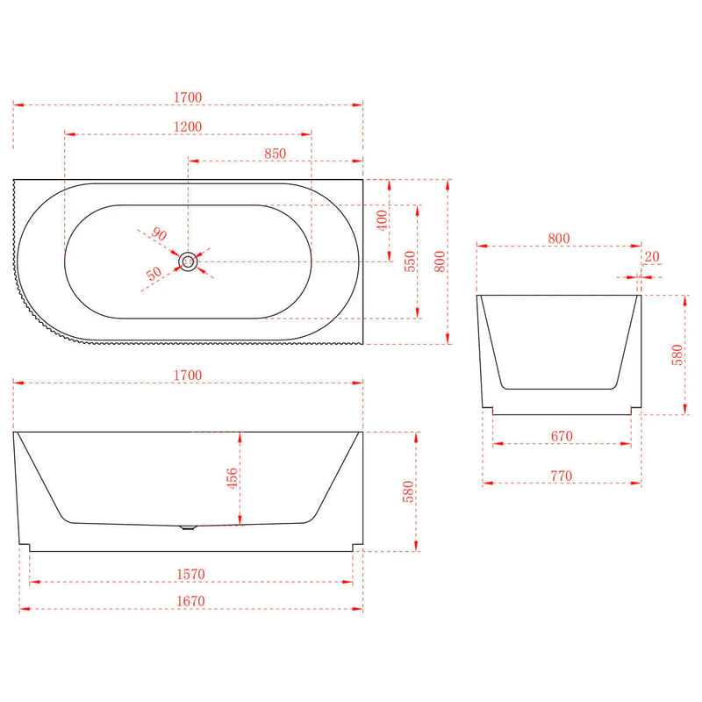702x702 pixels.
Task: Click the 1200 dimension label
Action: pos(188,126)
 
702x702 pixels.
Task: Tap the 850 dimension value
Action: pos(275,154)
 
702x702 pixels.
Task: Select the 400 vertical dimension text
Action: pos(382,220)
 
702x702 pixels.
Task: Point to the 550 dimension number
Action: pos(410,261)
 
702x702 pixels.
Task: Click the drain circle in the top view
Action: pos(188,261)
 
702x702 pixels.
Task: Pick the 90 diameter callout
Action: pos(160,233)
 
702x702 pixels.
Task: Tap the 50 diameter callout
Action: pos(154,273)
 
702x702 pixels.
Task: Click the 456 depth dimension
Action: pos(233,478)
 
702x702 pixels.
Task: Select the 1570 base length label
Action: pos(190,575)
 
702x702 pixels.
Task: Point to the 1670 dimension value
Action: pos(190,601)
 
